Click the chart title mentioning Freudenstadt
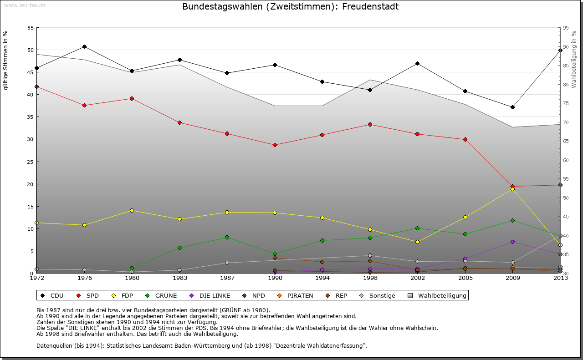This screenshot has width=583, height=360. point(290,7)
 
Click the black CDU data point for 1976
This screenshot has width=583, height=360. point(84,46)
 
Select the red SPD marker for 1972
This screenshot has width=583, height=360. point(36,86)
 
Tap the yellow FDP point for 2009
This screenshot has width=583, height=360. point(512,189)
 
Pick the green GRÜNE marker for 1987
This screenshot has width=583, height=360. point(227,237)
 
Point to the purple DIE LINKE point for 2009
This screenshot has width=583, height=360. point(512,242)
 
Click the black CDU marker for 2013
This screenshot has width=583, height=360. point(560,50)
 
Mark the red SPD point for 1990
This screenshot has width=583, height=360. point(275,145)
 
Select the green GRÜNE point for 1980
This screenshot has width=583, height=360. point(132,268)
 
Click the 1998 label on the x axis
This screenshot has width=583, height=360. point(370,278)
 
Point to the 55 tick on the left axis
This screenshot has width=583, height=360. point(31,28)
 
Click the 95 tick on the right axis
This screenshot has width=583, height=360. point(566,28)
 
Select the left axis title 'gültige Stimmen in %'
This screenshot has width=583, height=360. point(5,60)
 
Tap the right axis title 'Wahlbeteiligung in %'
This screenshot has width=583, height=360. point(574,59)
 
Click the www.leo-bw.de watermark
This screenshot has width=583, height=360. point(24,5)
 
